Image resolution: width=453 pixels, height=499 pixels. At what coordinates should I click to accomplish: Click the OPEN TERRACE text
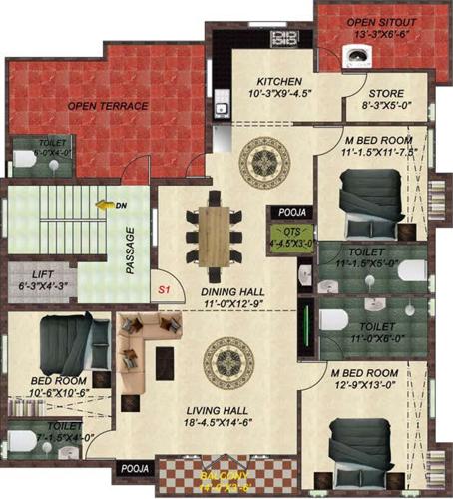click(108, 105)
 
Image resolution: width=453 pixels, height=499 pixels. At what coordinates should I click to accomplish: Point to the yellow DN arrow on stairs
click(104, 205)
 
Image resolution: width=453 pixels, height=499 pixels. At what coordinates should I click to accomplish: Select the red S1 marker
click(164, 290)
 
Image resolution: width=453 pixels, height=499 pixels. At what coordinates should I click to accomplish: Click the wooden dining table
click(213, 235)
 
